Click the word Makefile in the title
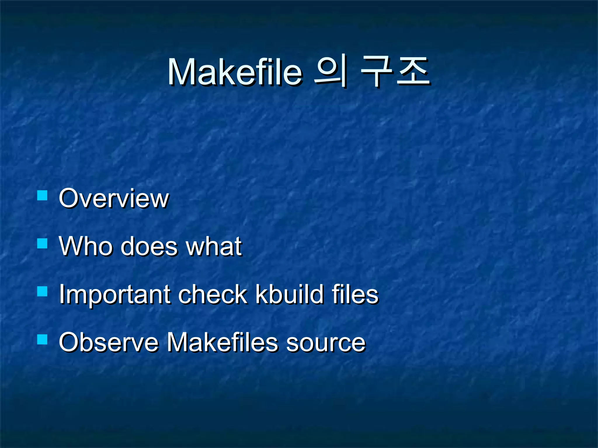235,72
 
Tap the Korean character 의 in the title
331,71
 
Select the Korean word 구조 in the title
395,71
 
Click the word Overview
114,198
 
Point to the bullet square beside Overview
42,195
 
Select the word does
149,246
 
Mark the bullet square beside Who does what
42,243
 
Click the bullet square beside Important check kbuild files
42,291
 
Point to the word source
326,343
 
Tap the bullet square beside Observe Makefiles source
42,339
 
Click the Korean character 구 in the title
377,71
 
